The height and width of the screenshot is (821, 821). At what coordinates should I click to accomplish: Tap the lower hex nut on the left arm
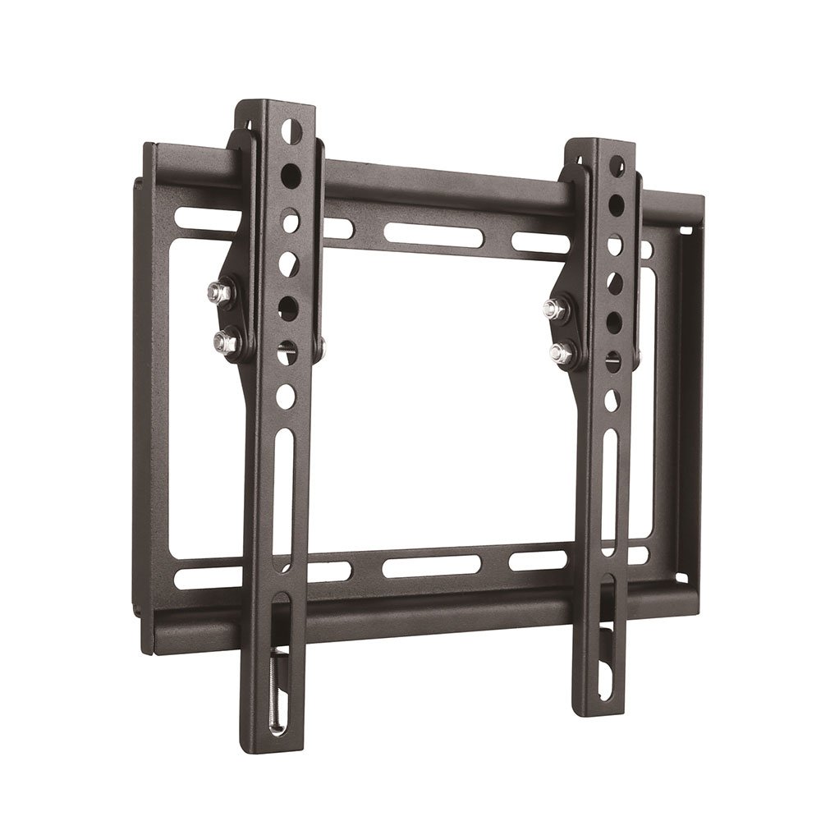[x=220, y=338]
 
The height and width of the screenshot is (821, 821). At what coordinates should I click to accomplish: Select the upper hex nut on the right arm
[x=553, y=309]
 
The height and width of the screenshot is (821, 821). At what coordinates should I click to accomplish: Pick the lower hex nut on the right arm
[x=562, y=353]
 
